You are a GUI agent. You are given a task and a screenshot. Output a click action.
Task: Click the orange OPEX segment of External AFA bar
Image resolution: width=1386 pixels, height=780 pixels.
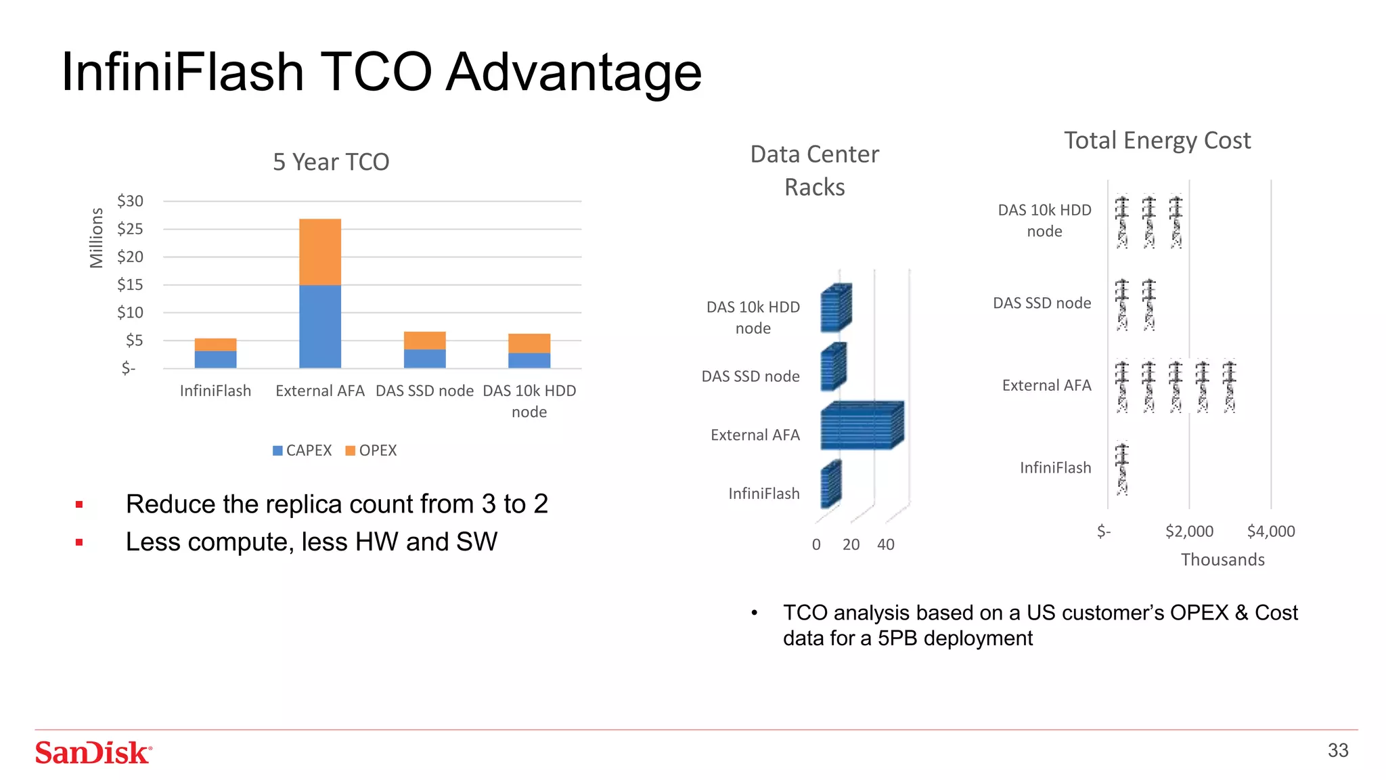(x=320, y=252)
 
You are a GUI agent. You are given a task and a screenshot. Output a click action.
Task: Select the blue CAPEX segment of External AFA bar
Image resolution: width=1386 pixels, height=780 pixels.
(x=320, y=326)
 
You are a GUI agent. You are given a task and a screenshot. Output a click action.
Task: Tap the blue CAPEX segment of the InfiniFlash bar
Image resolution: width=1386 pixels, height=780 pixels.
(x=215, y=360)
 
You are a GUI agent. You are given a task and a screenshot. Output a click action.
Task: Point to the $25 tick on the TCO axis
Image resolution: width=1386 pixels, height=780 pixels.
(x=130, y=229)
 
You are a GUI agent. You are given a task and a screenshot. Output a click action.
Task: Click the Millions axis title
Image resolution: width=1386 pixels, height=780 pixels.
(x=97, y=238)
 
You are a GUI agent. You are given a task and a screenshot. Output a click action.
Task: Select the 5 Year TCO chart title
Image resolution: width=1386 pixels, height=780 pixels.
(x=331, y=162)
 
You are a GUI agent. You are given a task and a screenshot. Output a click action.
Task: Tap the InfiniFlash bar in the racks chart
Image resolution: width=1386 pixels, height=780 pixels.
(x=830, y=485)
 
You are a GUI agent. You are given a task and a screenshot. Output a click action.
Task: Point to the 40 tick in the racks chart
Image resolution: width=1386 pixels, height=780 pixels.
(x=885, y=544)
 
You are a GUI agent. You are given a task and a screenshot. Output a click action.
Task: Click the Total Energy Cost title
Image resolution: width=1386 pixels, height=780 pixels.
(x=1157, y=140)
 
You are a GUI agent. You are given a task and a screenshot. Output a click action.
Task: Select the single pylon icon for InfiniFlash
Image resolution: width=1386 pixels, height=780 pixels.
(x=1122, y=469)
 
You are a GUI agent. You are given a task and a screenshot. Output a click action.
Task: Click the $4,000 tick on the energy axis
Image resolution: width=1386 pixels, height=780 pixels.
(x=1270, y=532)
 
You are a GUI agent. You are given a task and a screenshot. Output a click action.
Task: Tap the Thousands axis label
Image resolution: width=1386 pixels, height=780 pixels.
(x=1222, y=560)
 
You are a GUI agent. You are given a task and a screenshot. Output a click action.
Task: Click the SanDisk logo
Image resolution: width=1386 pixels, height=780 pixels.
(x=93, y=752)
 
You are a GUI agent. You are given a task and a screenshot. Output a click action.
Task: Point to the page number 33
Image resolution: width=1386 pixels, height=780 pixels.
(x=1337, y=750)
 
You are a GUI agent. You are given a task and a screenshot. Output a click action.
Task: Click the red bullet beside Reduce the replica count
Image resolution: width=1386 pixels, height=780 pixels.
(x=79, y=504)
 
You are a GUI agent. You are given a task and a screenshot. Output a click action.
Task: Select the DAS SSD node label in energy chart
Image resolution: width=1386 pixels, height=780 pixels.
(x=1042, y=303)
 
